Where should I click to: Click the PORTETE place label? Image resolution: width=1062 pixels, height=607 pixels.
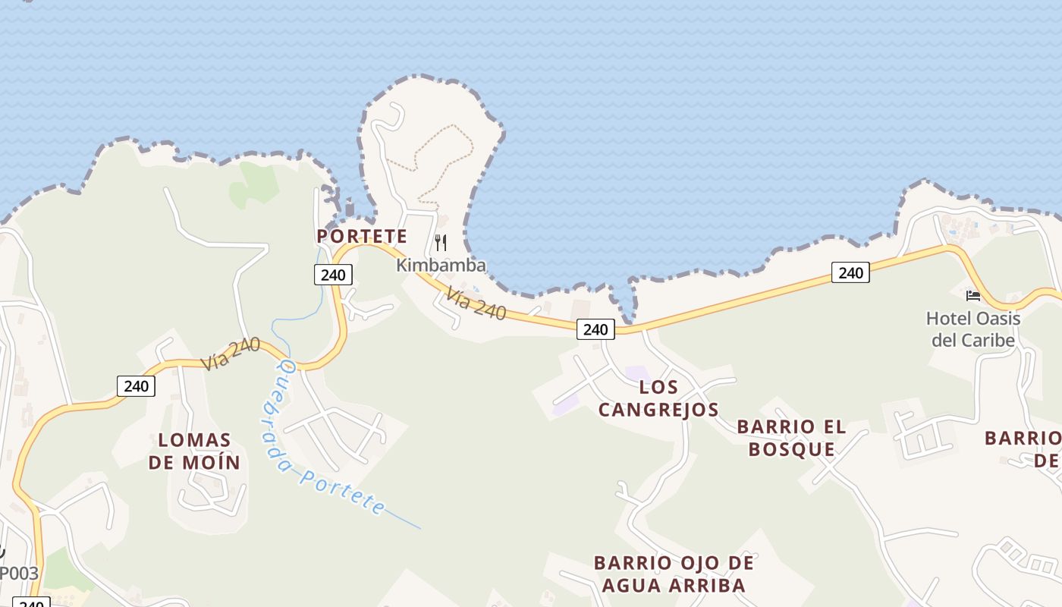(362, 236)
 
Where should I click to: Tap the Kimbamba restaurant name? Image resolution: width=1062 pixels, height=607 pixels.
(441, 266)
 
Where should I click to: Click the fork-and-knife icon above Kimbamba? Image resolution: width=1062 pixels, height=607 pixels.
(441, 243)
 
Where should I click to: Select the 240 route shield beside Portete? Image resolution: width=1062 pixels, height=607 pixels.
(333, 275)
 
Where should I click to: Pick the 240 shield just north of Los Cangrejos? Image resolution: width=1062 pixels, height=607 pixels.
(595, 329)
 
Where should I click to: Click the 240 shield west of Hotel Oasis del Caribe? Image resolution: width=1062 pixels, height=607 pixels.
(850, 272)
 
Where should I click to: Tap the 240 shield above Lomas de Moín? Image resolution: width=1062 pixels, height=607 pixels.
(137, 386)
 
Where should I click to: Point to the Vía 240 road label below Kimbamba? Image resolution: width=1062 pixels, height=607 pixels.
(476, 303)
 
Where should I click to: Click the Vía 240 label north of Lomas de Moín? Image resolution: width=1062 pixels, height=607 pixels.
(231, 354)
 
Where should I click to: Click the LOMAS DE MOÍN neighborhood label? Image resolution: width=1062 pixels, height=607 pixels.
(194, 451)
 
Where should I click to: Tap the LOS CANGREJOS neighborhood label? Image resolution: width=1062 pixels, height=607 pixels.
(658, 398)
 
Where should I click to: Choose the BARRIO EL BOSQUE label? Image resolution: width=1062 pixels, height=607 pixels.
(791, 438)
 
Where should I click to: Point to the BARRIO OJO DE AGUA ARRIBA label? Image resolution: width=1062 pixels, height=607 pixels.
(674, 574)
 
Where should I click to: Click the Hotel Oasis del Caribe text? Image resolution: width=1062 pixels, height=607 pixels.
(973, 329)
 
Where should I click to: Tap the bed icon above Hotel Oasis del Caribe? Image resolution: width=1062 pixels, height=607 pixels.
(973, 295)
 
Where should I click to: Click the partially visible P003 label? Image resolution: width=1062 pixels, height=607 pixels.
(19, 573)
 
